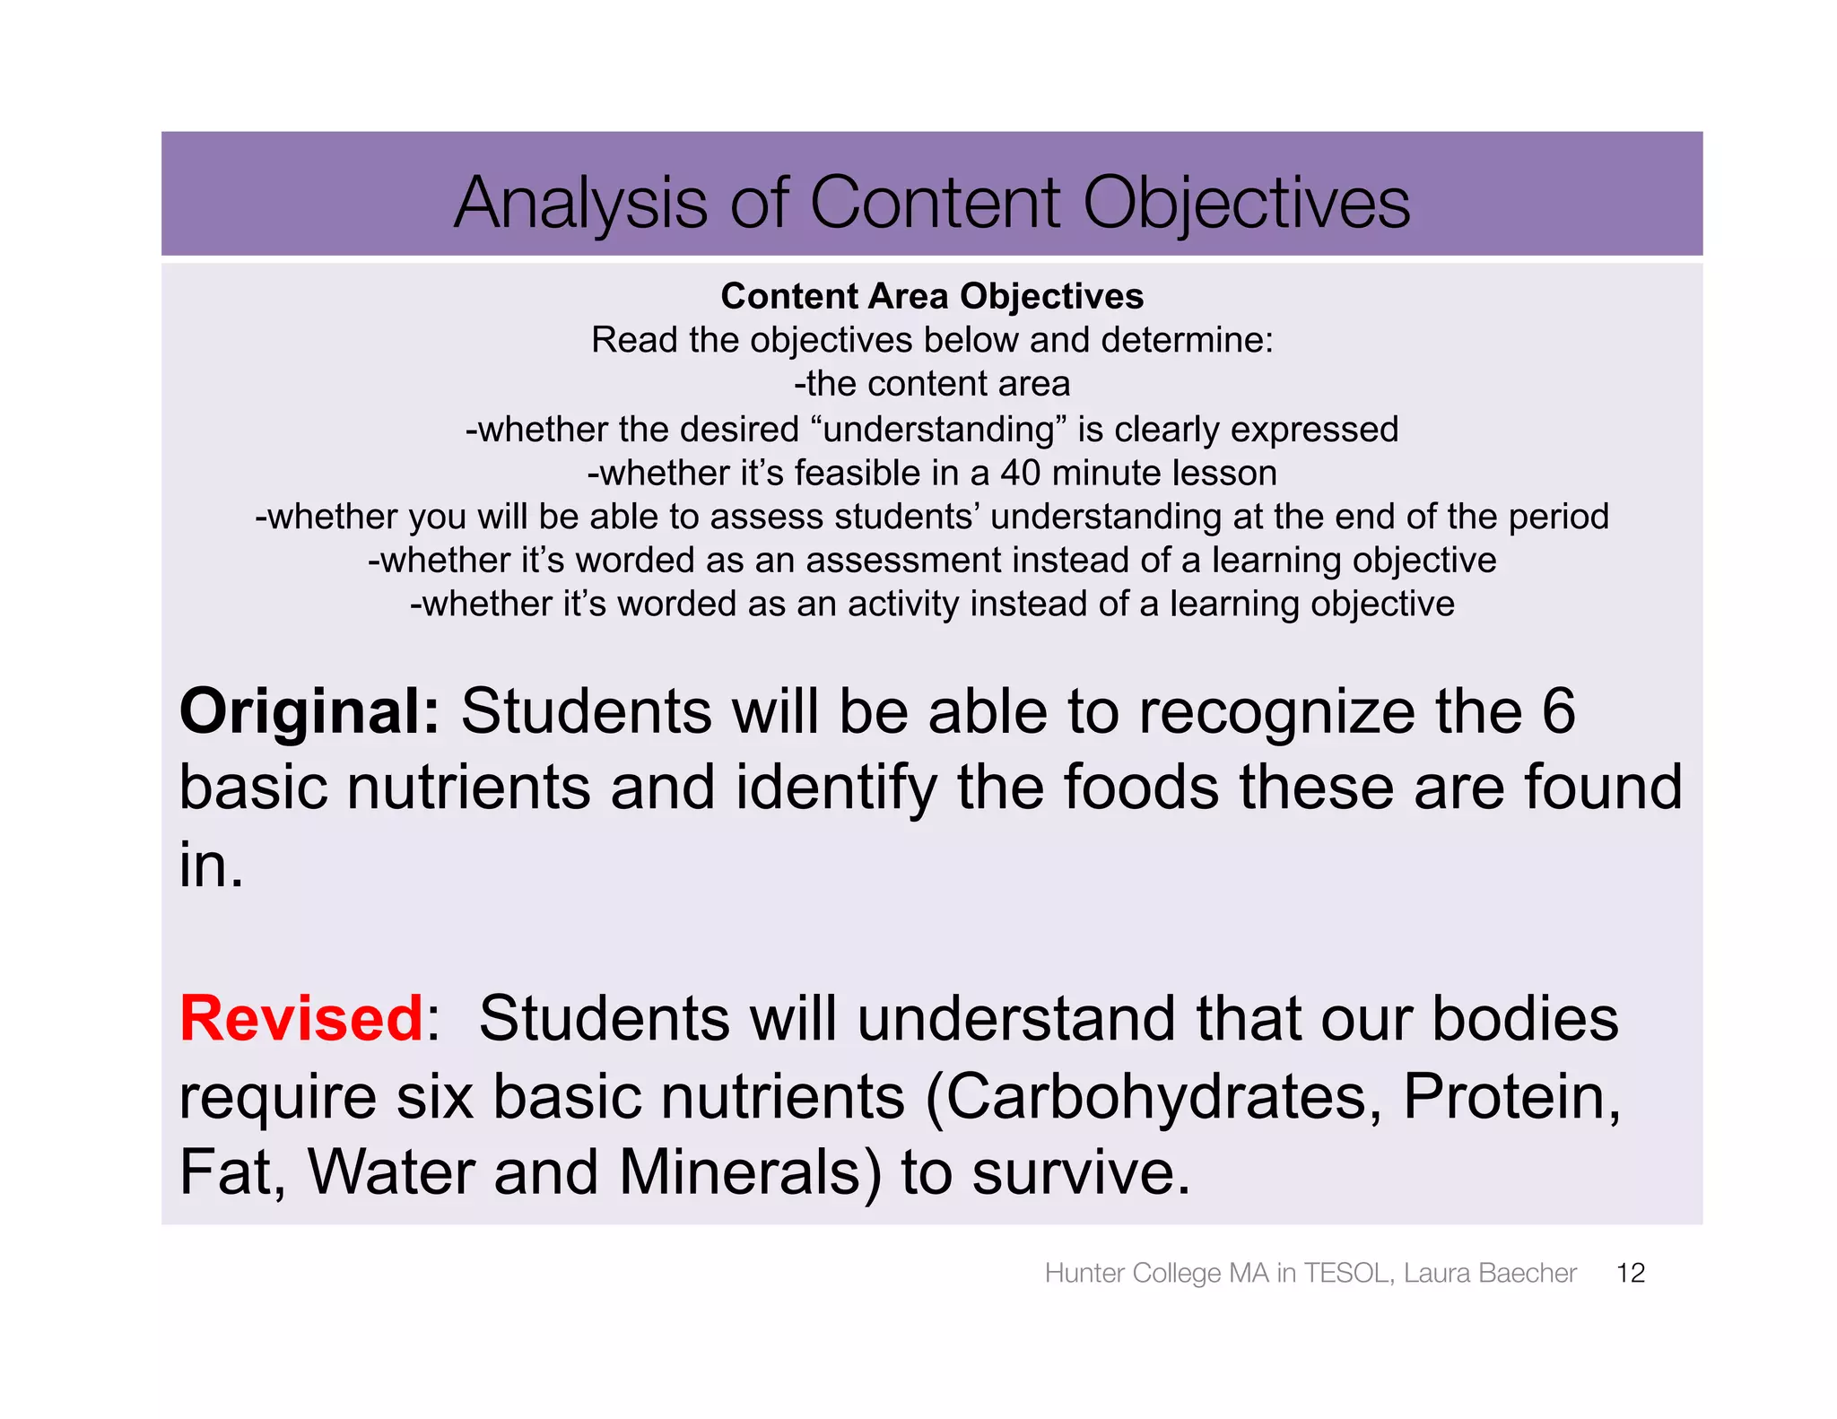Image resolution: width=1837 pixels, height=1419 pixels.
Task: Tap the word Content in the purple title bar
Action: [936, 203]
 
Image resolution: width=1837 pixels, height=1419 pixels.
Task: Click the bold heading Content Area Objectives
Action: [932, 296]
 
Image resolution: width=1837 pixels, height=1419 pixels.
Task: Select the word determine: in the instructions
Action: [1187, 340]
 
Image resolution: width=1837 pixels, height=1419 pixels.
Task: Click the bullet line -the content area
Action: [932, 384]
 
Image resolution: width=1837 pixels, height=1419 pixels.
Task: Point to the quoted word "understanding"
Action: [938, 429]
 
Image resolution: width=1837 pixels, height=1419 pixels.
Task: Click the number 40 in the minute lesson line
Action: [1021, 473]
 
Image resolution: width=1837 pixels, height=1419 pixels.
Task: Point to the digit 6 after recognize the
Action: [1558, 711]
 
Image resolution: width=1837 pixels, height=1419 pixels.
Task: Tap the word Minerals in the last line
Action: [740, 1172]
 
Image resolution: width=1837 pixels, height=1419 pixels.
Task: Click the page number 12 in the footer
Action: [1630, 1273]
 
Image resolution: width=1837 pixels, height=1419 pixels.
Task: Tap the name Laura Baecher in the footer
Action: [1489, 1273]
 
